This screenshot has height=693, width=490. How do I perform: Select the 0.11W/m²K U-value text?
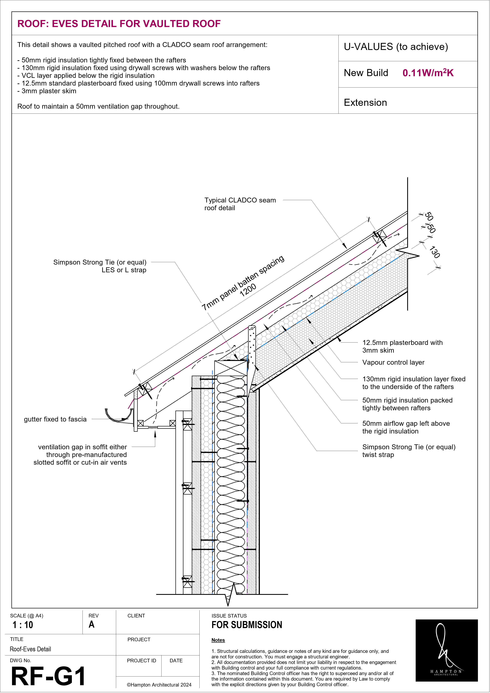click(428, 73)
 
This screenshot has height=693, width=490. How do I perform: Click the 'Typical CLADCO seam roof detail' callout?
click(240, 204)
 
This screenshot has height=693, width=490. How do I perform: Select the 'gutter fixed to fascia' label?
click(55, 419)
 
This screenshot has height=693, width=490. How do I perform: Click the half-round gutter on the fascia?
click(118, 416)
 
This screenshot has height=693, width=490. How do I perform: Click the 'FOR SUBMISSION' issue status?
click(247, 625)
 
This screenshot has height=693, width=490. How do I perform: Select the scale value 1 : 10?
click(23, 625)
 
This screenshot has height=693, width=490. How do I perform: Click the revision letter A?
click(91, 625)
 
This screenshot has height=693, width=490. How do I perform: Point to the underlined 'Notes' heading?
click(218, 640)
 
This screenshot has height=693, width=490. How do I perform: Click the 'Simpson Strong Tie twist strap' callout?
click(408, 451)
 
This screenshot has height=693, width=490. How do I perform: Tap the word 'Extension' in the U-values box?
click(365, 103)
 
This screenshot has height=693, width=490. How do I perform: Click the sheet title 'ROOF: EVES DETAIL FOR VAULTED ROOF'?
click(119, 24)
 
